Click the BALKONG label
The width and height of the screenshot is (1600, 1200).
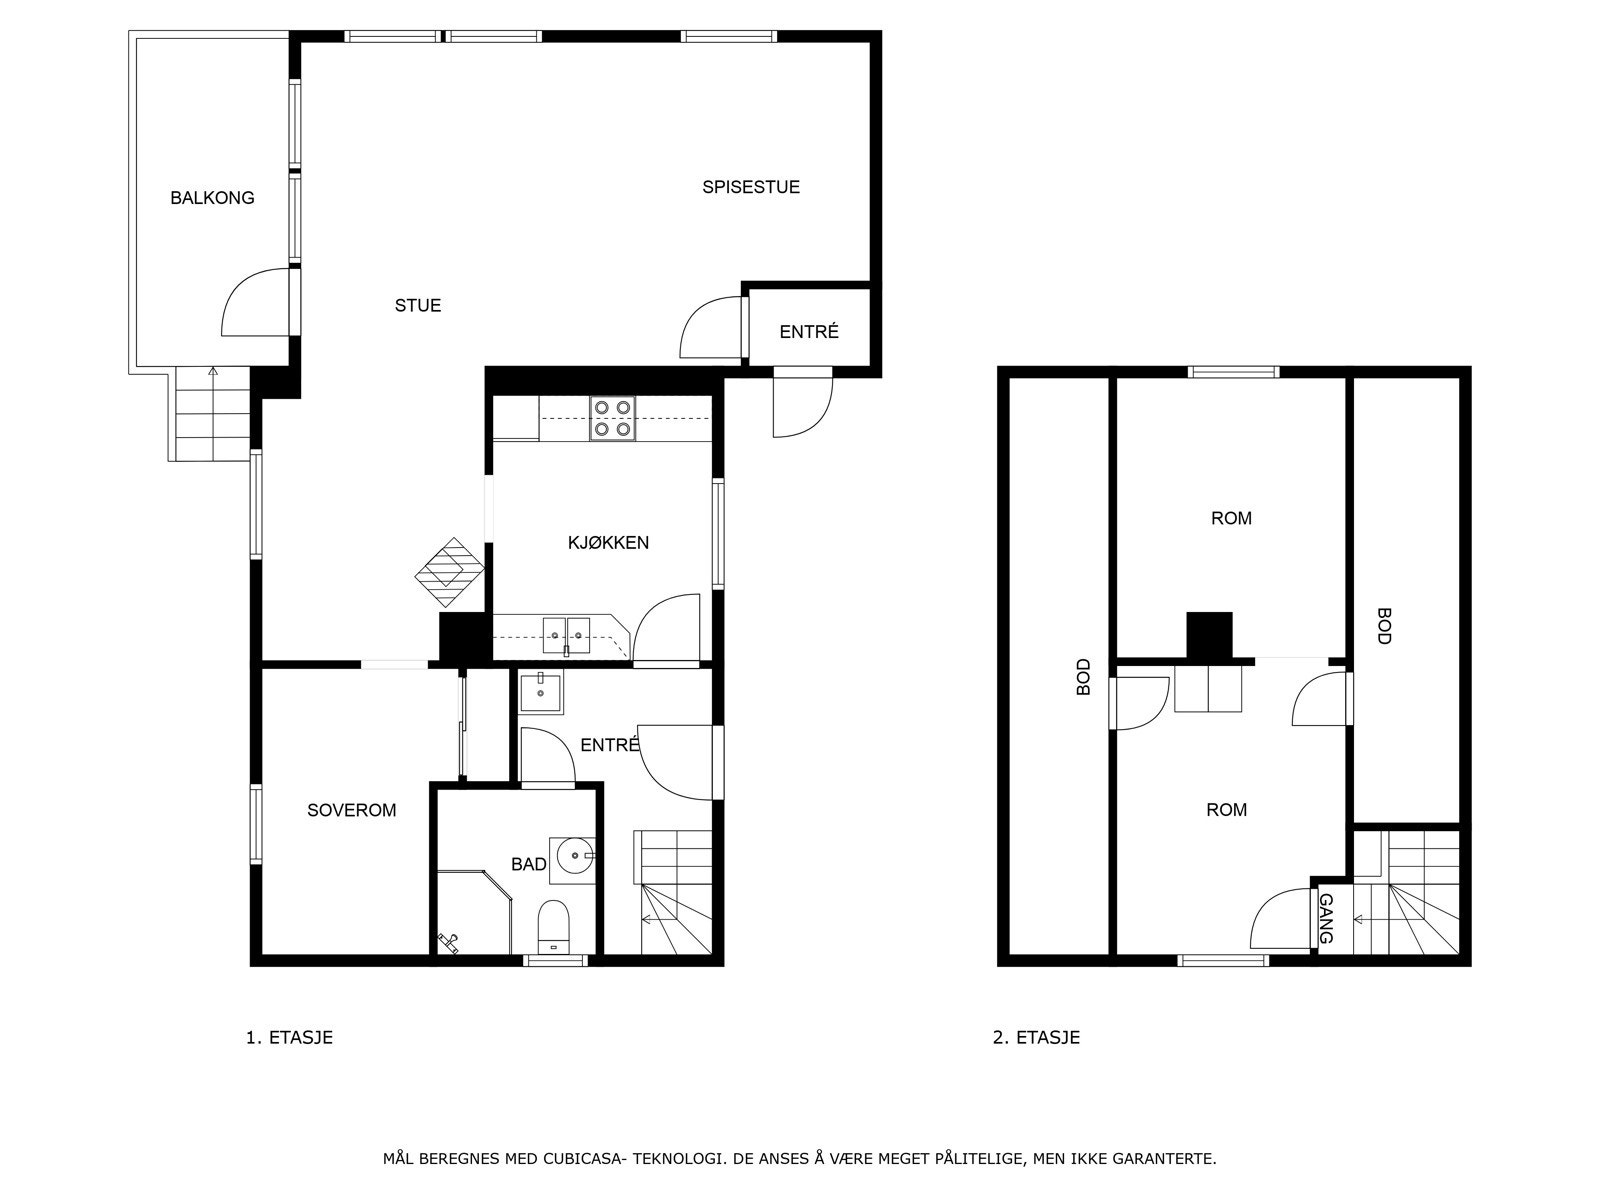[212, 198]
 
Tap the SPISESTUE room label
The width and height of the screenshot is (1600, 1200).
[750, 187]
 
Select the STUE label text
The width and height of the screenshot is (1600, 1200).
[417, 306]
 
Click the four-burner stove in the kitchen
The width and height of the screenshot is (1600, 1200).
[612, 418]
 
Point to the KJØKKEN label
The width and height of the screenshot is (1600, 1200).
[608, 543]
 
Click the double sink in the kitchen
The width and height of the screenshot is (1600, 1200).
[566, 634]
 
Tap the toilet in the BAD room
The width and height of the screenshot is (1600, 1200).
[553, 926]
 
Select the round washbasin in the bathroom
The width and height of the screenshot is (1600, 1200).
[575, 855]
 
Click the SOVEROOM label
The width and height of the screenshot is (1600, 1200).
[351, 810]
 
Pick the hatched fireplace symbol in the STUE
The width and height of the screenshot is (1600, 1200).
[450, 572]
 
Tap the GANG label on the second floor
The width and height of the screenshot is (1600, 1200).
[1326, 919]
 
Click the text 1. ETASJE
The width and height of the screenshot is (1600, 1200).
[289, 1037]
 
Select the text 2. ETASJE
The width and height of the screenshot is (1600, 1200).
[1036, 1037]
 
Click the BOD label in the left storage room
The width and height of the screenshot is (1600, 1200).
[1083, 677]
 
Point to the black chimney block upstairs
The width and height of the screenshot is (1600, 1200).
[1209, 635]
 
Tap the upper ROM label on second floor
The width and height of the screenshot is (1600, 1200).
[1231, 518]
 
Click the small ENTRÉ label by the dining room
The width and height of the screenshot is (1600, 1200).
[808, 332]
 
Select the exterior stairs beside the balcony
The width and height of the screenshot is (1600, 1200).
[211, 414]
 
